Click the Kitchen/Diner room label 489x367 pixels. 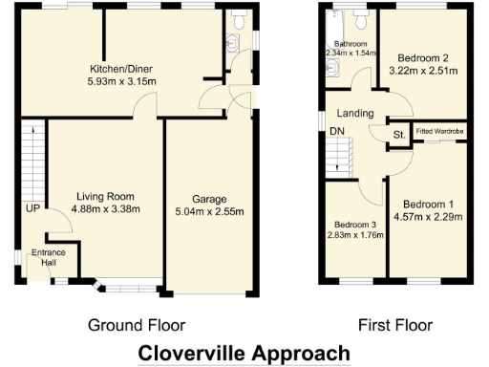[x=122, y=69]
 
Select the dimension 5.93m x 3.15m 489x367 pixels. [x=122, y=81]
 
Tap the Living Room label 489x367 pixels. [x=108, y=197]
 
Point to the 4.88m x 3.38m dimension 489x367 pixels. [x=108, y=209]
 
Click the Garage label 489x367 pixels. [x=208, y=199]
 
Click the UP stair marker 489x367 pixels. [x=32, y=208]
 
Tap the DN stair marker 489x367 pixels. [x=336, y=132]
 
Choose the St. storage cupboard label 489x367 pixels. [x=398, y=136]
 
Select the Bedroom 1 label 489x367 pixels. [x=427, y=204]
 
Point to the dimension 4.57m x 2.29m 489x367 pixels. [x=427, y=216]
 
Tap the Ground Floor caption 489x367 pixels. [x=137, y=325]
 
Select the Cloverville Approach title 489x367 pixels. [x=244, y=353]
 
